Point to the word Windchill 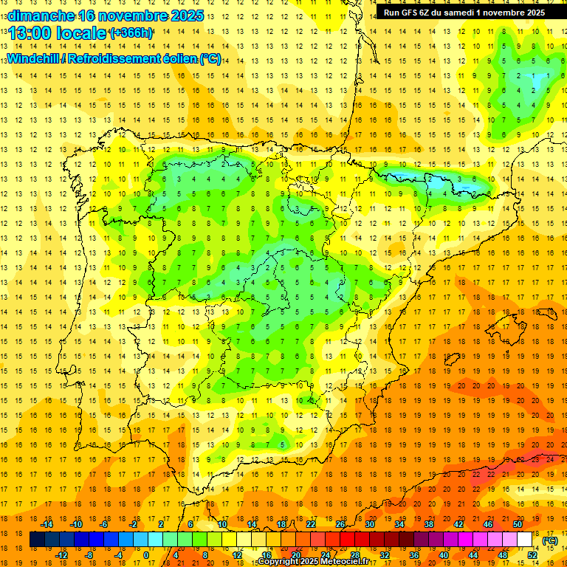tap(34, 59)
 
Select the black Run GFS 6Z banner tap(465, 12)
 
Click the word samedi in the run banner tap(458, 12)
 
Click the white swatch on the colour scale tap(525, 540)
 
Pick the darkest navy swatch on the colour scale tap(37, 540)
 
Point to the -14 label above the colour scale tap(47, 524)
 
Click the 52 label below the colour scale tap(532, 555)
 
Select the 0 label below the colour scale tap(146, 555)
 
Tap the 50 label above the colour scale tap(517, 524)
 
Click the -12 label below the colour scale tap(61, 555)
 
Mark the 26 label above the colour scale tap(340, 524)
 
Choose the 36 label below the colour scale tap(413, 555)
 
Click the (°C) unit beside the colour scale tap(549, 540)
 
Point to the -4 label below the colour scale tap(119, 555)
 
